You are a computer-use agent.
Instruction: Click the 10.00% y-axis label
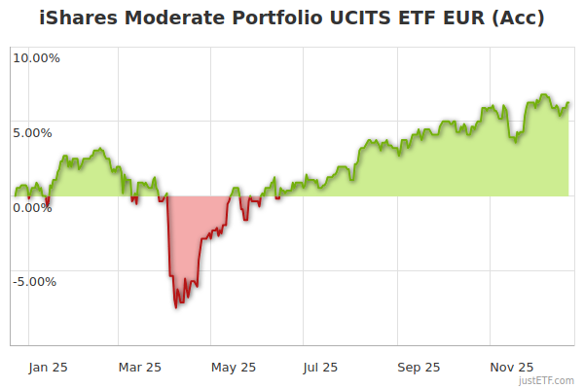(x=36, y=57)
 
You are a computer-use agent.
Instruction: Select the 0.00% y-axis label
(x=32, y=207)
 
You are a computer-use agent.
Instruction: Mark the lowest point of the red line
(x=176, y=307)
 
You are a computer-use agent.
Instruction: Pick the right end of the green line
(x=568, y=102)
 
